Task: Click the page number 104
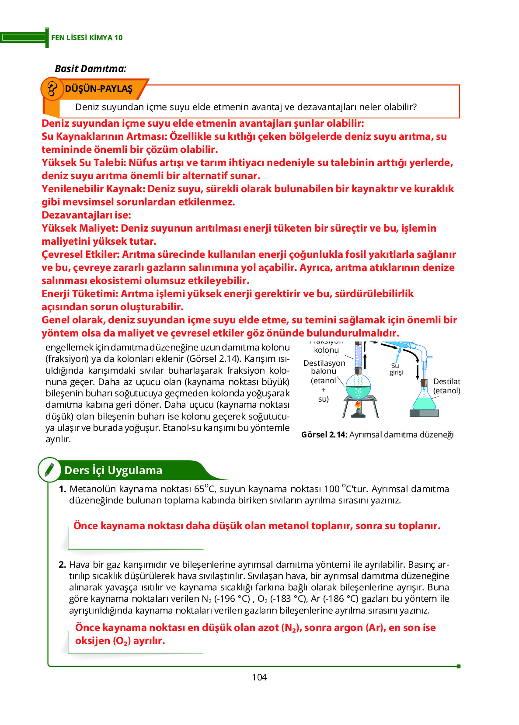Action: (x=259, y=677)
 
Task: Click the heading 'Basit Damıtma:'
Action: (x=91, y=69)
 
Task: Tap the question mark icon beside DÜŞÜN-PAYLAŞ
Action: (x=52, y=89)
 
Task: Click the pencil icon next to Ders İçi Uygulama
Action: (x=49, y=470)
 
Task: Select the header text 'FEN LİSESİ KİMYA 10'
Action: (x=87, y=38)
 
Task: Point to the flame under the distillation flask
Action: (x=358, y=404)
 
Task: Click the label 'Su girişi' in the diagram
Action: (x=396, y=369)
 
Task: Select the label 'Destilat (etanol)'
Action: (x=446, y=386)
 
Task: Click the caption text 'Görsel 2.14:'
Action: (x=324, y=434)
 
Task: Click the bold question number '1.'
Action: (x=63, y=489)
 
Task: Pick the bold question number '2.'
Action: (x=63, y=565)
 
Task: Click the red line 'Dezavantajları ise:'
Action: (x=86, y=215)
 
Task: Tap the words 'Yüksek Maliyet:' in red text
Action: (x=80, y=228)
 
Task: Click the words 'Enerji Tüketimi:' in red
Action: (x=80, y=294)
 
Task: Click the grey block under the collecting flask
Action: (x=424, y=413)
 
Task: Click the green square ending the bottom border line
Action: (x=458, y=666)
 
